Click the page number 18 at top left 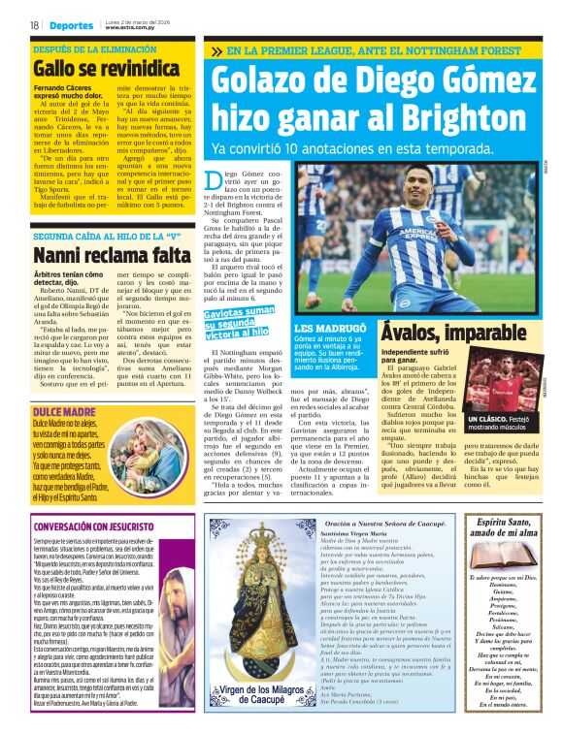(33, 24)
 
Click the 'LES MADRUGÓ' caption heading (329, 330)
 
